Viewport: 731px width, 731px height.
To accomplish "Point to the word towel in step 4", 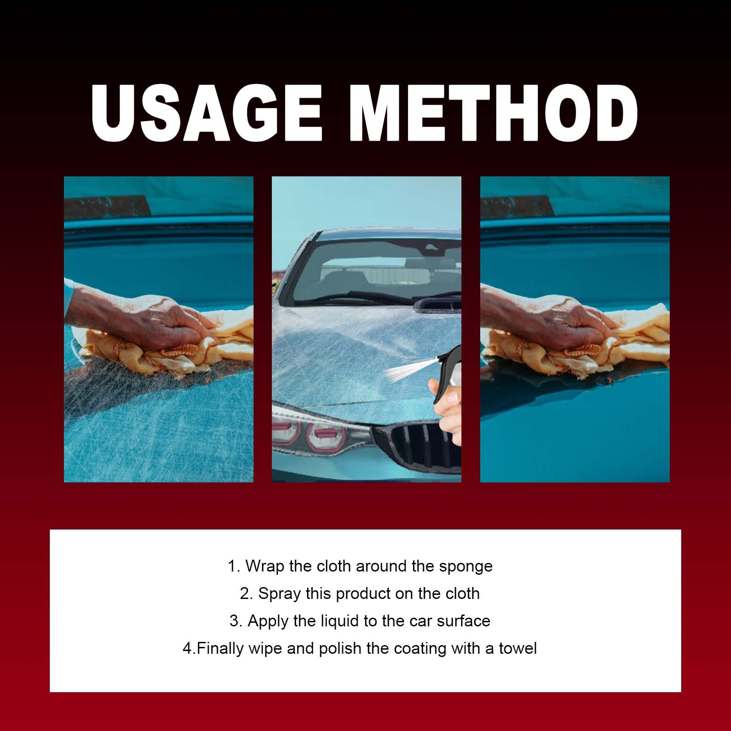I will (x=518, y=648).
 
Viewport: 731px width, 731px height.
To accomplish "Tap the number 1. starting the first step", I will (x=233, y=567).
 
